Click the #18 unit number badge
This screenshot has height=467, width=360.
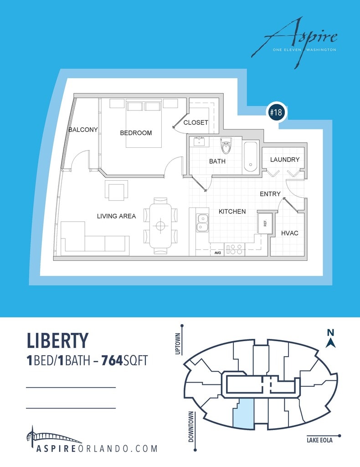click(276, 113)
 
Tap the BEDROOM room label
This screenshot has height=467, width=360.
click(136, 133)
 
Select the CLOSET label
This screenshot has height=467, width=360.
click(196, 123)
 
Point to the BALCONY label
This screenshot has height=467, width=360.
click(83, 130)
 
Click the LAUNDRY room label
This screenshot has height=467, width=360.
click(285, 160)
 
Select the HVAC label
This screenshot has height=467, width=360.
click(289, 233)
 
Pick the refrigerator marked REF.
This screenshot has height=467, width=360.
click(265, 223)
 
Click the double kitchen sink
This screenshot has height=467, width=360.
click(202, 223)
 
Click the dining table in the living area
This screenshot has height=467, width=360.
click(160, 225)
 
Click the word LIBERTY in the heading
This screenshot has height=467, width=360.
click(57, 341)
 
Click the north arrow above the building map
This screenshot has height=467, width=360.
click(331, 340)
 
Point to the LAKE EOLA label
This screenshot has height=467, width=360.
click(319, 441)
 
